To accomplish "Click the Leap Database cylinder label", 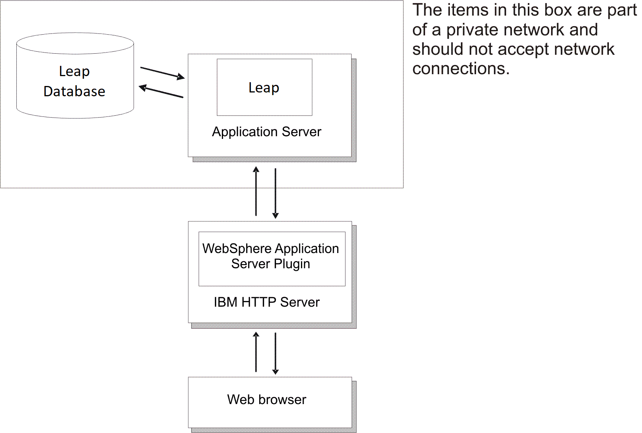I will coord(75,81).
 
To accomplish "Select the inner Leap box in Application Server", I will coord(264,87).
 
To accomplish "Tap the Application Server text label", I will coord(266,132).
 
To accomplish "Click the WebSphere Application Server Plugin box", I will coord(271,258).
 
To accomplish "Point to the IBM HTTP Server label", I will coord(266,302).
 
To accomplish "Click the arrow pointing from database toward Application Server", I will coord(162,73).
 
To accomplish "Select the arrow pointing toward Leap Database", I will coord(161,92).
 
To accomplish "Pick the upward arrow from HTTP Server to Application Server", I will coord(256,191).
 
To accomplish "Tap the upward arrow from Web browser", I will coord(256,352).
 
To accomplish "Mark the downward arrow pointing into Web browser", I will coord(276,353).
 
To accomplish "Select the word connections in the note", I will coord(460,69).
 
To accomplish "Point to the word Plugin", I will coord(292,264).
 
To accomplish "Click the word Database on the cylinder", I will coord(74,91).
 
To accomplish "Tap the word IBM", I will coord(225,302).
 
